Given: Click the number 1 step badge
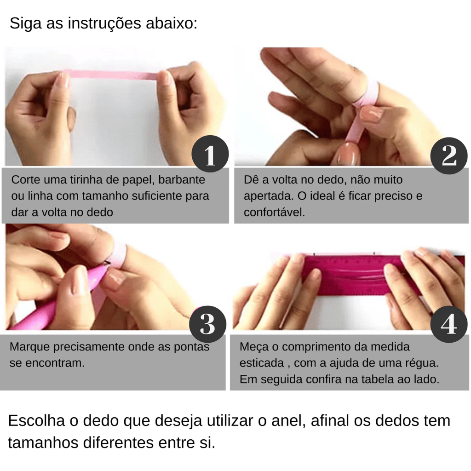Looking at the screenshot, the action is point(210,154).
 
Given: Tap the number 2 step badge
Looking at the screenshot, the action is point(449,155).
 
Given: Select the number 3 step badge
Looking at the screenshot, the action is point(207,324).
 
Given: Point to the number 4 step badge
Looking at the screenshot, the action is point(449,324).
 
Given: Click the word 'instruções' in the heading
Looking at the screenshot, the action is point(104,23).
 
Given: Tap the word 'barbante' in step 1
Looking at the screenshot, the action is point(182,180).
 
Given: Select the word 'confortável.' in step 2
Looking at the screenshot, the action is point(274,213).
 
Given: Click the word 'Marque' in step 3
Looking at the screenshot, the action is point(29,347).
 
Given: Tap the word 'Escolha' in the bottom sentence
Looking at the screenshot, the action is point(37,420).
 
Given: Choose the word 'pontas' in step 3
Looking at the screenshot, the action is point(192,347).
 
